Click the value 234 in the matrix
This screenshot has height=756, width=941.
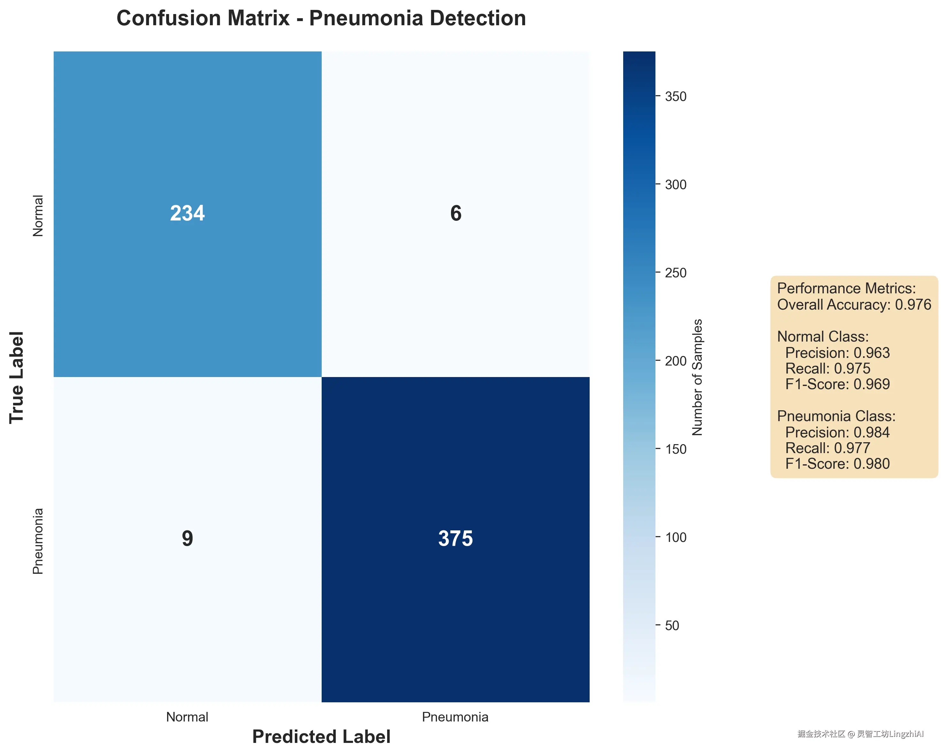(187, 213)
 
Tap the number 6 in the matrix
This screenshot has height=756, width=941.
(456, 213)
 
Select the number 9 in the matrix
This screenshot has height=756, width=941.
(187, 539)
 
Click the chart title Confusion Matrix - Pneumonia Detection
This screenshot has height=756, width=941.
(321, 18)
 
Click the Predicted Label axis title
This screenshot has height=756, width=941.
(321, 737)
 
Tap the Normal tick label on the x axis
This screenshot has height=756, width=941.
(187, 717)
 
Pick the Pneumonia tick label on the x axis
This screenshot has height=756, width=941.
(455, 717)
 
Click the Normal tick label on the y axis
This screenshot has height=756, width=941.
(38, 216)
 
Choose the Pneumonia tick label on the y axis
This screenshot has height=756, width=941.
(38, 541)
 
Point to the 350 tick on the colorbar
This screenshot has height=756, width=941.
(676, 96)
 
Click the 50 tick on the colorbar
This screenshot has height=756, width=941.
(672, 626)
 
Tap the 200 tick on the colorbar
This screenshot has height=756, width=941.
(676, 361)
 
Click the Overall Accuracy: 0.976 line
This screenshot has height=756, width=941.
(854, 305)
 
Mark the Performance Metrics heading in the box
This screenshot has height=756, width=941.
(846, 289)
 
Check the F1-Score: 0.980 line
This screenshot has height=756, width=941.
(837, 464)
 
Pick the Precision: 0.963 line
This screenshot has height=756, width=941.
(837, 353)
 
